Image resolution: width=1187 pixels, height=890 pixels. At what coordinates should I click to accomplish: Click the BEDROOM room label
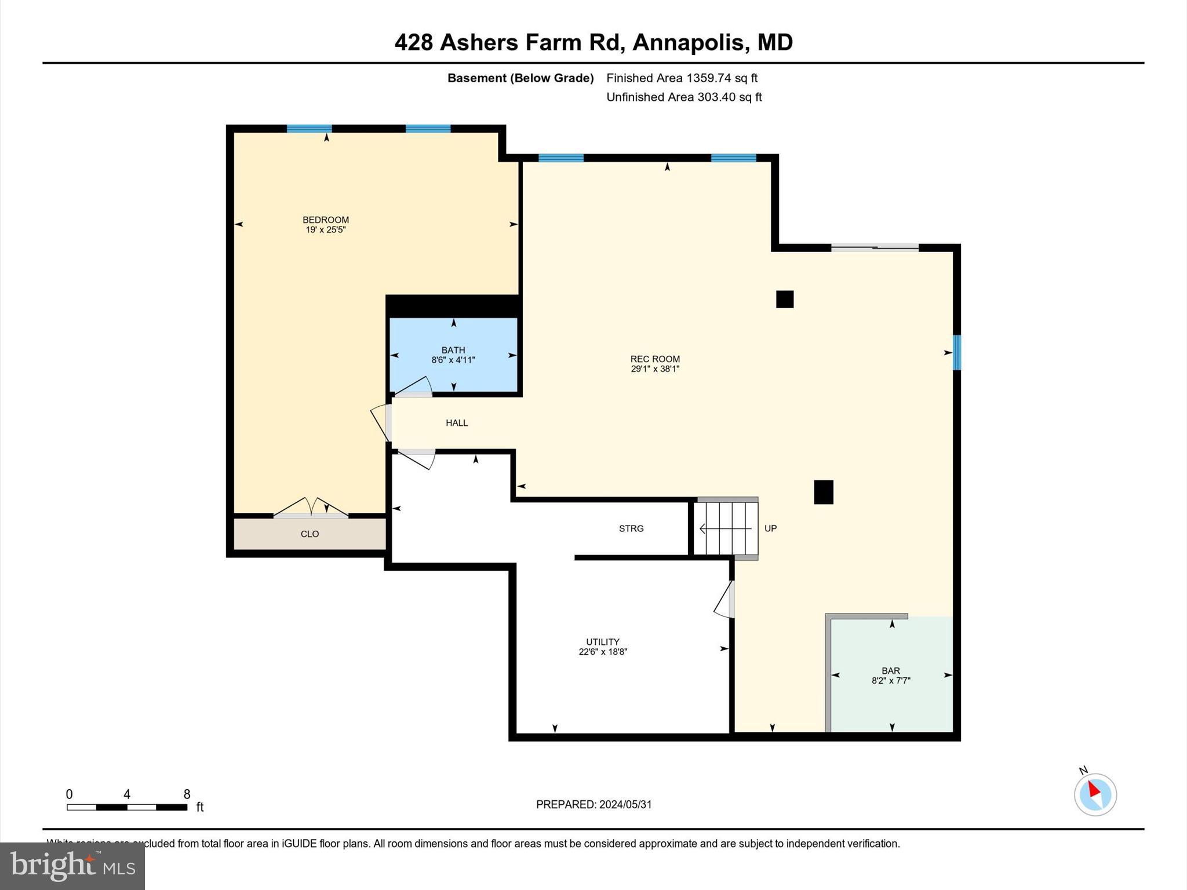326,220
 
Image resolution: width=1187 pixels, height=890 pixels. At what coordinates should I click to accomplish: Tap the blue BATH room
453,371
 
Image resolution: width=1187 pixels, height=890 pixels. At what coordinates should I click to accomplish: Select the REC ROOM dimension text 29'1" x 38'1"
655,369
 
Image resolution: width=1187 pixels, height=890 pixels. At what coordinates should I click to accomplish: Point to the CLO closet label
310,534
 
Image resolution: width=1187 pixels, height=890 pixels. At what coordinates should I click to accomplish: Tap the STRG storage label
631,528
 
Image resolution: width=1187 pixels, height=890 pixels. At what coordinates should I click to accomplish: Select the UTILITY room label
603,641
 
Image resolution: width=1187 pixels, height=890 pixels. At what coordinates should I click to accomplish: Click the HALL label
457,423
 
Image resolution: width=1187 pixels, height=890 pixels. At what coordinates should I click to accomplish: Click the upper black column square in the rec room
785,299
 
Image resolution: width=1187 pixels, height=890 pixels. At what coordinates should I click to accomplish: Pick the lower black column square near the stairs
824,492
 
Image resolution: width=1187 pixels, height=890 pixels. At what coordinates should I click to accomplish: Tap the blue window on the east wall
957,352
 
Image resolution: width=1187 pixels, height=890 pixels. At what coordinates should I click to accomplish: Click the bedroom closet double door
311,508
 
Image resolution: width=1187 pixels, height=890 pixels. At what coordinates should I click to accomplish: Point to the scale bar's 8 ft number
187,794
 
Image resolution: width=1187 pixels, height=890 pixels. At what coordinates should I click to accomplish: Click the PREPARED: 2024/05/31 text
593,804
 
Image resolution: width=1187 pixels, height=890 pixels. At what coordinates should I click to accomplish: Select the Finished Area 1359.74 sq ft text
682,78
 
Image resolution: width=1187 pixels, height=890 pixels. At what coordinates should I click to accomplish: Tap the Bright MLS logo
72,866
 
